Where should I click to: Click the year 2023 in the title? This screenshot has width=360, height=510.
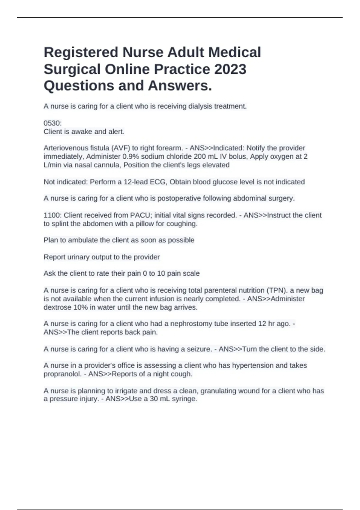pos(230,69)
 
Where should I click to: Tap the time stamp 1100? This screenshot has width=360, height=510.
pos(52,215)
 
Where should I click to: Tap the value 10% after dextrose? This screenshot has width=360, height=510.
pos(79,307)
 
